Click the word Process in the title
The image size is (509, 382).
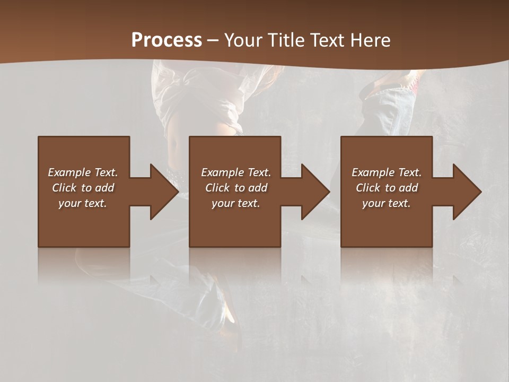tap(166, 40)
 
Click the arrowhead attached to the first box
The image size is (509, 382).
tap(162, 192)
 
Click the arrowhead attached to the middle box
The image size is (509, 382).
tap(313, 192)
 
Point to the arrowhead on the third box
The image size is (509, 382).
tap(465, 192)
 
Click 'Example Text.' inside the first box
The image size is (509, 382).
tap(83, 172)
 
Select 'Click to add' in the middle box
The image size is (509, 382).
tap(236, 188)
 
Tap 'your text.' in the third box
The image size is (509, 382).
tap(387, 203)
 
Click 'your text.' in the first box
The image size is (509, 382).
tap(83, 203)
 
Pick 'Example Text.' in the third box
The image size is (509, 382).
tap(387, 172)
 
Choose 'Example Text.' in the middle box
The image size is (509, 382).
tap(236, 172)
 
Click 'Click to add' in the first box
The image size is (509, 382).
tap(83, 188)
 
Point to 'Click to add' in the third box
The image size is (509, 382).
tap(387, 188)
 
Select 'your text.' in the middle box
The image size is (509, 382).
tap(236, 203)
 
